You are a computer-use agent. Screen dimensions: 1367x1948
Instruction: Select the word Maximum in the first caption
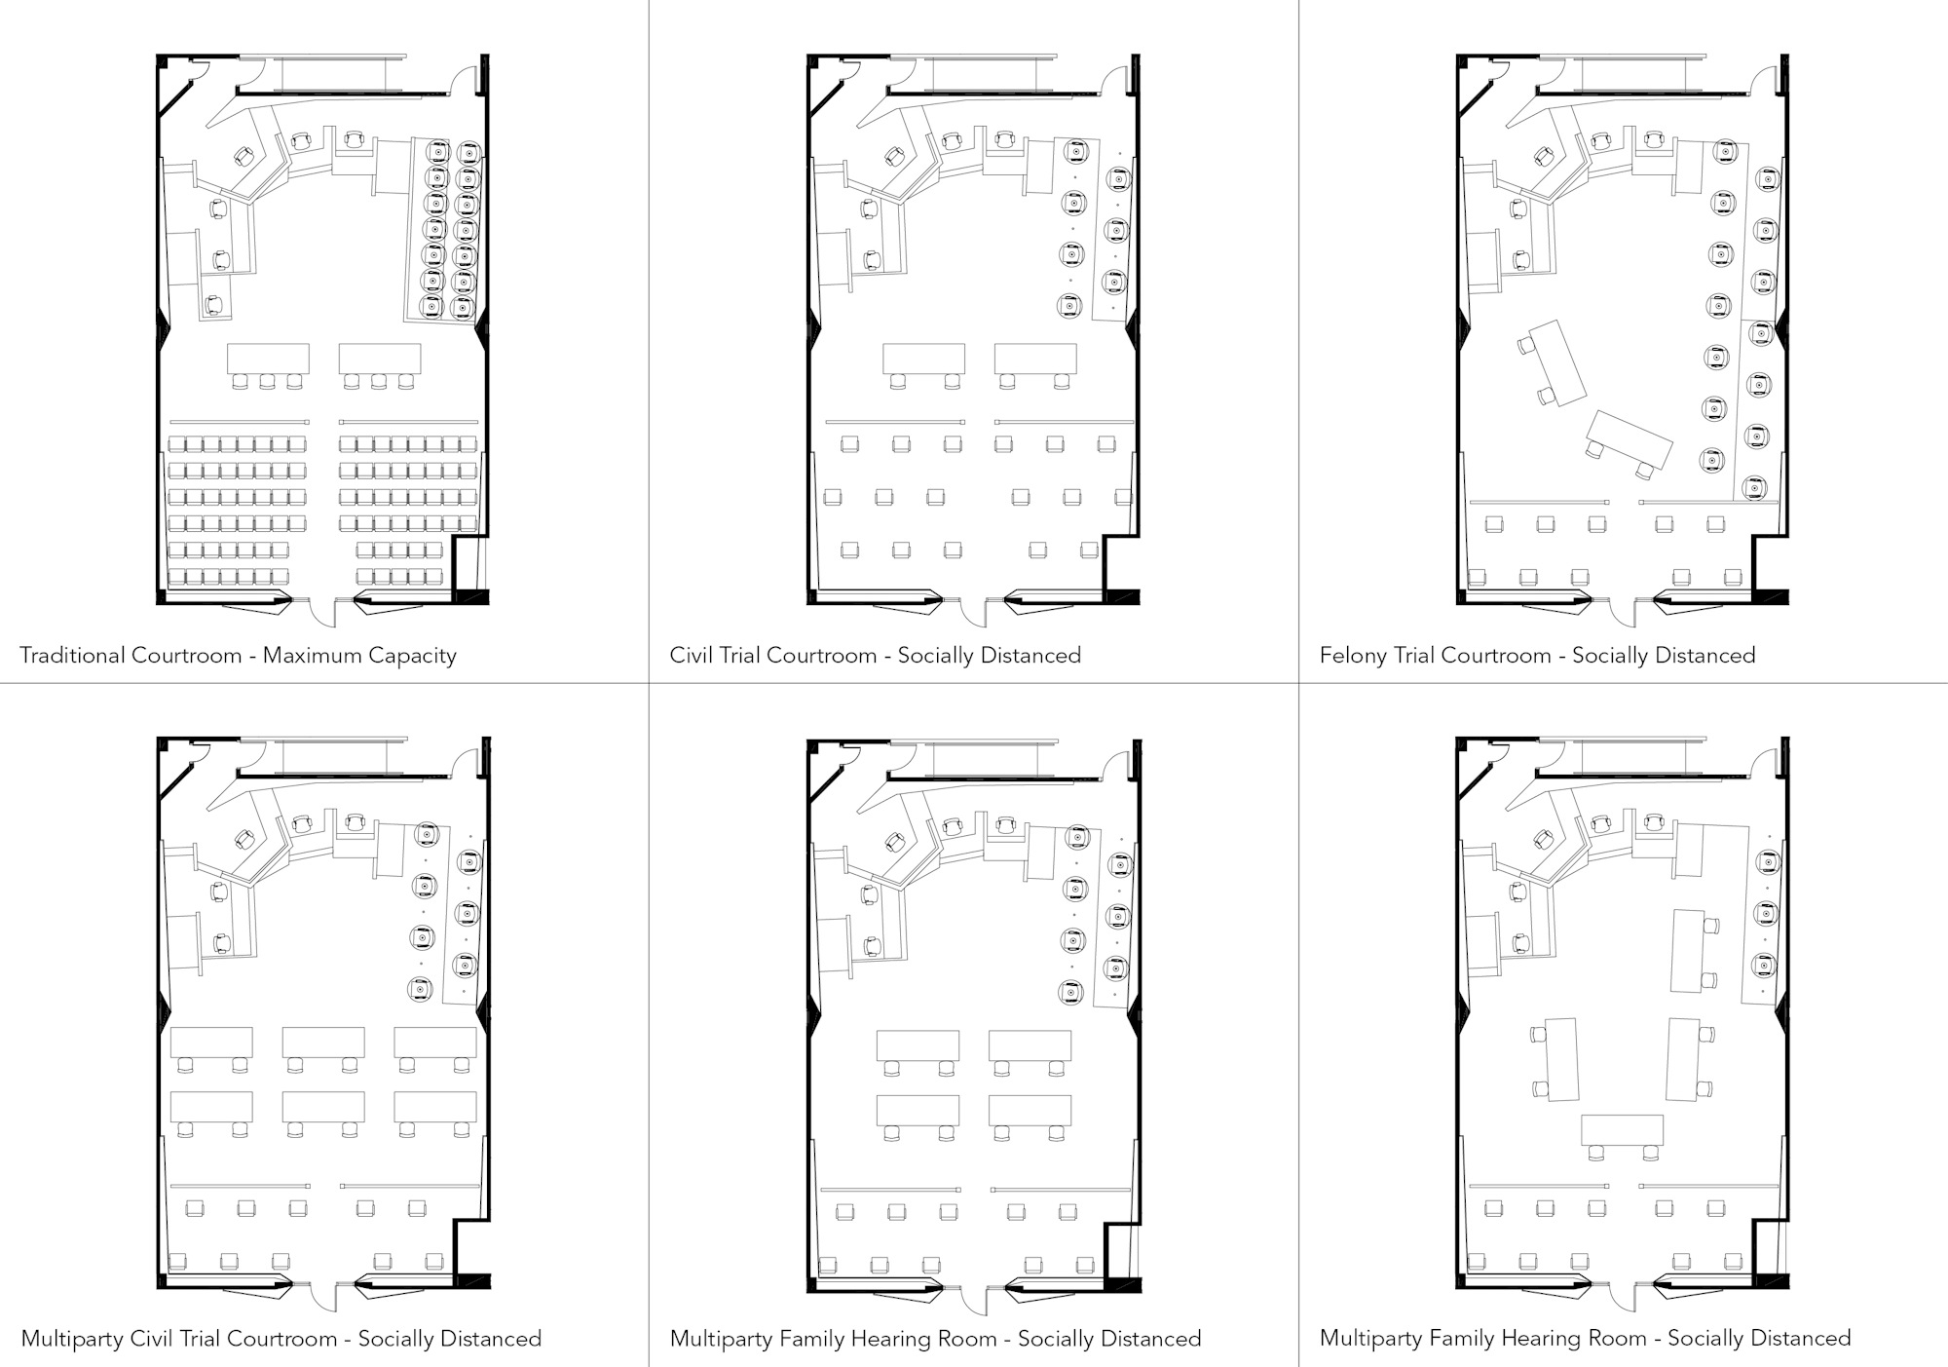tap(311, 655)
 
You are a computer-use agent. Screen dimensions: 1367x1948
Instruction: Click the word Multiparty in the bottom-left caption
tap(71, 1339)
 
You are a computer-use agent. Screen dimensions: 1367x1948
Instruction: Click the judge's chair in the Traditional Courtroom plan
tap(243, 156)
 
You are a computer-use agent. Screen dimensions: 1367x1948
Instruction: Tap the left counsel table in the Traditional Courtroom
tap(268, 358)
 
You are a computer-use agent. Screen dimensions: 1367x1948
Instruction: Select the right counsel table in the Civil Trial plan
tap(1034, 358)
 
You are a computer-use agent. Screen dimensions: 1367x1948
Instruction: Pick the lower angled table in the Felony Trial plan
tap(1629, 440)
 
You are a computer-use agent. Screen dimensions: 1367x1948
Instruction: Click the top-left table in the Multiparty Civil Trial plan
tap(211, 1042)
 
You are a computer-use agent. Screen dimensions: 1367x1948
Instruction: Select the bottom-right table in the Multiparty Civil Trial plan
tap(434, 1106)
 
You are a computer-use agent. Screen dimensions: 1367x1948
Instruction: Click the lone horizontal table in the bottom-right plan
tap(1622, 1130)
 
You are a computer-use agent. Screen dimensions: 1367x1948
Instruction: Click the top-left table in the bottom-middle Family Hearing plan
tap(917, 1046)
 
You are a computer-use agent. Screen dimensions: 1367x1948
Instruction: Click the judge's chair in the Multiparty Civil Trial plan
tap(243, 838)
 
